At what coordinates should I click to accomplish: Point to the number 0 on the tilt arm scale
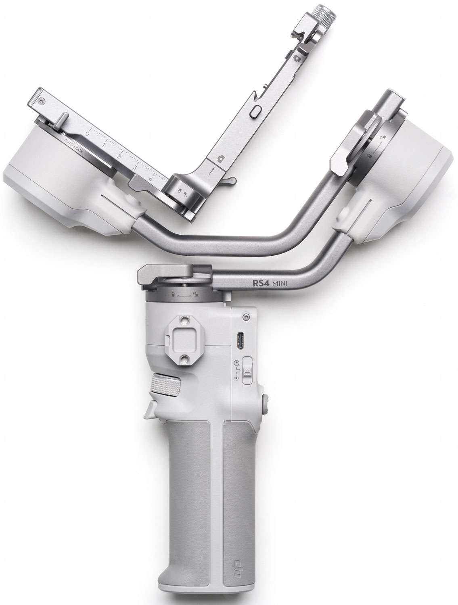pyautogui.click(x=87, y=134)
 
